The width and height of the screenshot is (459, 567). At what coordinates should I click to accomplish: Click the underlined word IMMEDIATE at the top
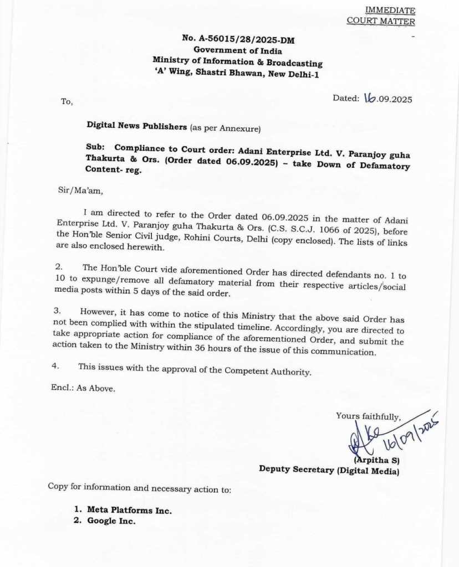(390, 11)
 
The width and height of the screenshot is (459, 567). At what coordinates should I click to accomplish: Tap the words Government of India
(238, 50)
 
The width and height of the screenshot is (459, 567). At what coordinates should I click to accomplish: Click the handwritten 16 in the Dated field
(370, 99)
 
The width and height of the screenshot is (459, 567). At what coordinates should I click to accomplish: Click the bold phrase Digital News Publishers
(137, 126)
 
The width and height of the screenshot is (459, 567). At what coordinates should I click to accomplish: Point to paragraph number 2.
(59, 267)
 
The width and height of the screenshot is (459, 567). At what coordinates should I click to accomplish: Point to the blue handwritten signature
(388, 435)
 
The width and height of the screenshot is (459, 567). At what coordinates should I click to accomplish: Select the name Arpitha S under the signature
(378, 460)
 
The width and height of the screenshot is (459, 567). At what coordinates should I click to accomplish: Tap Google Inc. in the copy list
(111, 521)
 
